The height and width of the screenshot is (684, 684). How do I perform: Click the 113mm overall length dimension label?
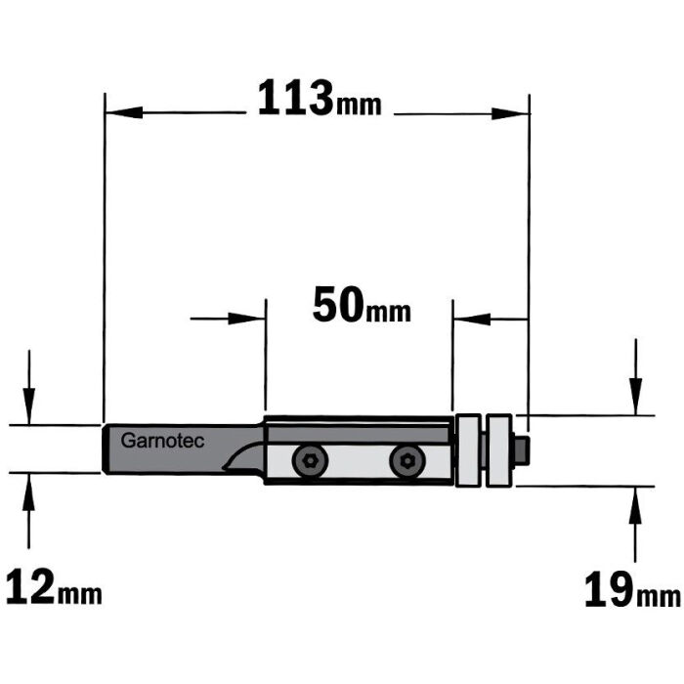pos(319,100)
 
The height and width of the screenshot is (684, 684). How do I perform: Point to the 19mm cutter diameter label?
pos(631,590)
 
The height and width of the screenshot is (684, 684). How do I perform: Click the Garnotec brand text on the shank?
pos(162,442)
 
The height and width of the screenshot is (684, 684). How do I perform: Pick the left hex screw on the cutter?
pos(310,462)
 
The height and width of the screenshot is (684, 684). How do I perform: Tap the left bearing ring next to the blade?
pos(470,449)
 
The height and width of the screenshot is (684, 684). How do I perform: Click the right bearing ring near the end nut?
pos(501,449)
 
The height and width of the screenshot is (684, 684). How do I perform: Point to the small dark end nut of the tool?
pos(523,450)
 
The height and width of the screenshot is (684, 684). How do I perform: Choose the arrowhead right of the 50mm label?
pos(467,318)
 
